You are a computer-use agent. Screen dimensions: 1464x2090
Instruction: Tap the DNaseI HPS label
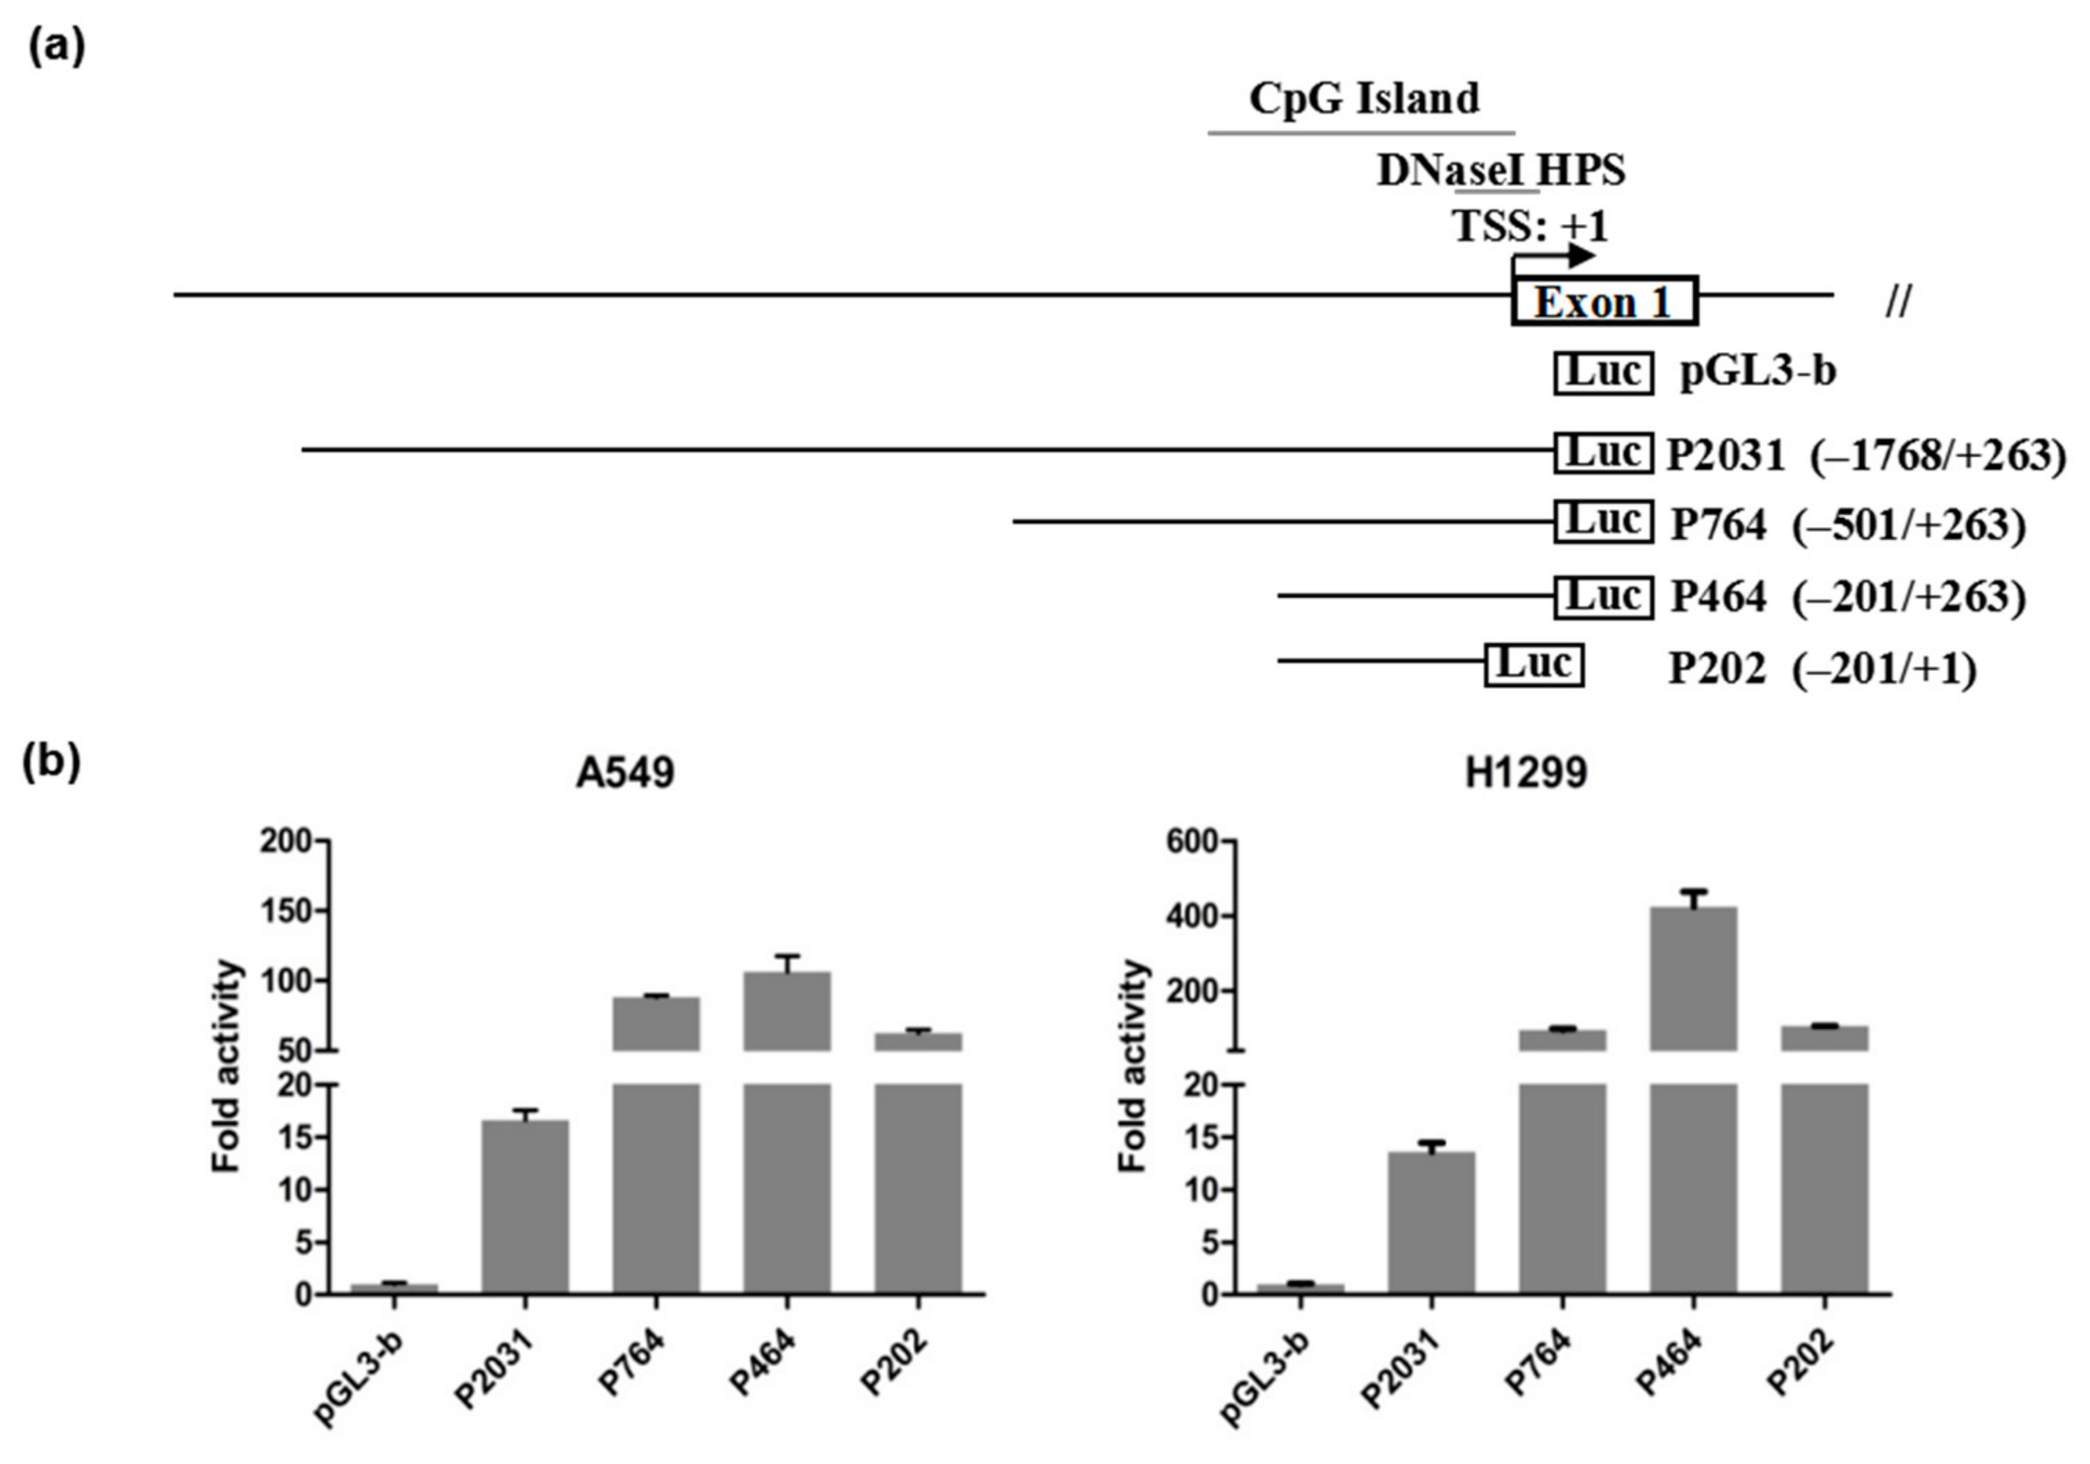coord(1501,171)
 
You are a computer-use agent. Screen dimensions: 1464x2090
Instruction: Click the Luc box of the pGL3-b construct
coord(1603,373)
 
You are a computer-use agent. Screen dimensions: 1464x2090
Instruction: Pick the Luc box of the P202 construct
coord(1534,665)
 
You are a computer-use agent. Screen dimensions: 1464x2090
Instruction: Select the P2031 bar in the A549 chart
coord(525,1206)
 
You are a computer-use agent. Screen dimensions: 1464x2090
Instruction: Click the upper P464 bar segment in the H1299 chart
coord(1693,979)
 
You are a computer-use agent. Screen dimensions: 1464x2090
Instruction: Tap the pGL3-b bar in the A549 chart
coord(394,1288)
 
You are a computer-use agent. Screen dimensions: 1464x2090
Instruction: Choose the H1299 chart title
coord(1526,773)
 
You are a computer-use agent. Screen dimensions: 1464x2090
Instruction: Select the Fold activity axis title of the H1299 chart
coord(1134,1065)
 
